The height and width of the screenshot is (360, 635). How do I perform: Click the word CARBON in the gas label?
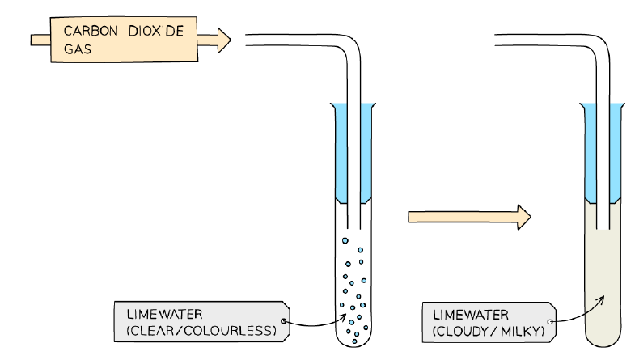[91, 31]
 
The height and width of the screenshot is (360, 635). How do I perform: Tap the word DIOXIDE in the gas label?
[156, 31]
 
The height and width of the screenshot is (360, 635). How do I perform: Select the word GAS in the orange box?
[78, 49]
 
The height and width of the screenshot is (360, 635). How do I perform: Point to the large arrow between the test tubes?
[469, 217]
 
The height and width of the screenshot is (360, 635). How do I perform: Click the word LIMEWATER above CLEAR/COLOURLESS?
[164, 314]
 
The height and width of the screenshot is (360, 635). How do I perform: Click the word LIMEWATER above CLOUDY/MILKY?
[470, 315]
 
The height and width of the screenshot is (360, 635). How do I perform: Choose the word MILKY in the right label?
[520, 332]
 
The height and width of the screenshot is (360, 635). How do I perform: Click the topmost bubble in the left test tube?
[345, 240]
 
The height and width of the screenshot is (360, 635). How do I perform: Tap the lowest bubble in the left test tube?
[354, 341]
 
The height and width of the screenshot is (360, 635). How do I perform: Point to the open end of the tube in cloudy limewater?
[603, 229]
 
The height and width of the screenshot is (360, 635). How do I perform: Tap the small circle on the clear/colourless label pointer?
[283, 321]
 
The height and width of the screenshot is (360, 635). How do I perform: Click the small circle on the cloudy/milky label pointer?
[550, 321]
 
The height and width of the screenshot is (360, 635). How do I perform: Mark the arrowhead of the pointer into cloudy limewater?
[602, 299]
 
